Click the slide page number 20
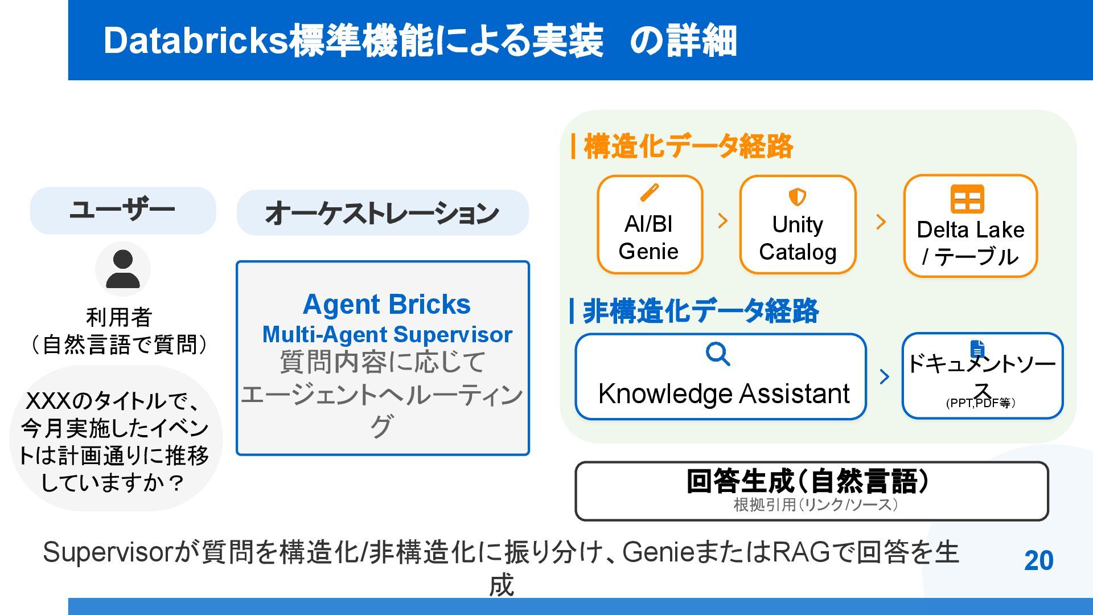pyautogui.click(x=1038, y=561)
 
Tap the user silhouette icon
pyautogui.click(x=123, y=269)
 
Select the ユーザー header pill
pyautogui.click(x=123, y=211)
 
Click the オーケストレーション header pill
pyautogui.click(x=383, y=213)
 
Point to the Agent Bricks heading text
pyautogui.click(x=387, y=305)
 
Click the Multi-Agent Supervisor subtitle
pyautogui.click(x=387, y=335)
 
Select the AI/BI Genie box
pyautogui.click(x=650, y=225)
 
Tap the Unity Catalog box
pyautogui.click(x=798, y=225)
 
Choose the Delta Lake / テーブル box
pyautogui.click(x=970, y=227)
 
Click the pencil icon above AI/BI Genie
pyautogui.click(x=650, y=192)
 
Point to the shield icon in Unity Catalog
pyautogui.click(x=797, y=197)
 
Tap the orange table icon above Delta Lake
pyautogui.click(x=967, y=199)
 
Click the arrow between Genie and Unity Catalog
pyautogui.click(x=723, y=221)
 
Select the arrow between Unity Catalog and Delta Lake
pyautogui.click(x=881, y=222)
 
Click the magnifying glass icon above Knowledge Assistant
pyautogui.click(x=718, y=354)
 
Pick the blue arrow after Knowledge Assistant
pyautogui.click(x=884, y=376)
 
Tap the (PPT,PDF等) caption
pyautogui.click(x=981, y=403)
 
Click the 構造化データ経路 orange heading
pyautogui.click(x=688, y=146)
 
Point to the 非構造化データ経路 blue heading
pyautogui.click(x=700, y=311)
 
